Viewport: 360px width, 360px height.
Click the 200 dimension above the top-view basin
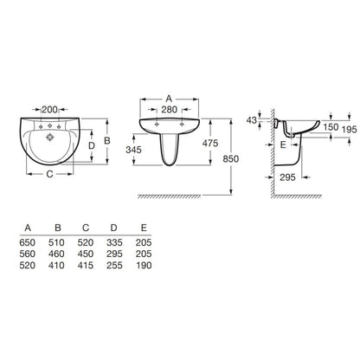pyautogui.click(x=49, y=110)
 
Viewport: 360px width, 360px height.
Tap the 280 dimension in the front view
pyautogui.click(x=169, y=110)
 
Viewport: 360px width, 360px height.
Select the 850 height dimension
pyautogui.click(x=231, y=158)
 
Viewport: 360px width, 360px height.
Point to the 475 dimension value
pyautogui.click(x=210, y=143)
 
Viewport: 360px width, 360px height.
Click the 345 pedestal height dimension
pyautogui.click(x=133, y=150)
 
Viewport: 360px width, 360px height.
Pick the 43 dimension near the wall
pyautogui.click(x=252, y=120)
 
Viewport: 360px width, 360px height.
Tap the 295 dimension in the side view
pyautogui.click(x=287, y=177)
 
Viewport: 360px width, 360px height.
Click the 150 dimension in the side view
pyautogui.click(x=331, y=127)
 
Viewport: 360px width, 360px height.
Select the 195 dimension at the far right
pyautogui.click(x=350, y=130)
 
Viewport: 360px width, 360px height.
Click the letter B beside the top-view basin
pyautogui.click(x=107, y=140)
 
